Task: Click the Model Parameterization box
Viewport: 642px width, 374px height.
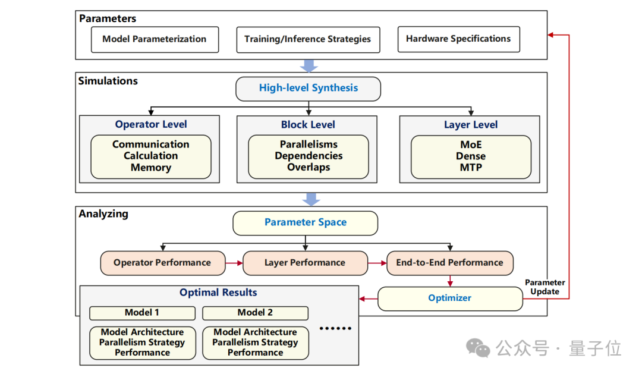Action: tap(155, 39)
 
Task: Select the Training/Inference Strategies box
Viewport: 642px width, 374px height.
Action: tap(307, 39)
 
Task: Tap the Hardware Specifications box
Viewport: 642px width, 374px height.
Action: tap(458, 39)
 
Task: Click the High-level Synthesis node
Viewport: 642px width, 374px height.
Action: tap(308, 89)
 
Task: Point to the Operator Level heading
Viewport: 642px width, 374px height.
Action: tap(151, 124)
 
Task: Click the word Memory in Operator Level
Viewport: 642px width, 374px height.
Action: tap(151, 168)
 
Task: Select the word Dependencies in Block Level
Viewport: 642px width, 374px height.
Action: tap(308, 156)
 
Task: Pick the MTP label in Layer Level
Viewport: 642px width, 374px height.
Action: tap(471, 168)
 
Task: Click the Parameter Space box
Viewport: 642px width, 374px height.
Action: tap(306, 222)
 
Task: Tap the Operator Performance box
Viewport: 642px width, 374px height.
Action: tap(162, 263)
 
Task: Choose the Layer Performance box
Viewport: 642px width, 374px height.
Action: tap(305, 263)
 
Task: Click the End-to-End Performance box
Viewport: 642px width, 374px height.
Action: tap(450, 263)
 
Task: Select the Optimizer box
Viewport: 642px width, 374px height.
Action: tap(450, 298)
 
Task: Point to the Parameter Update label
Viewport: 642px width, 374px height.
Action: tap(545, 287)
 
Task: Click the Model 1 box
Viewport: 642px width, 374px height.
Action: tap(142, 313)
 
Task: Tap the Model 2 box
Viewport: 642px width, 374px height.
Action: tap(255, 313)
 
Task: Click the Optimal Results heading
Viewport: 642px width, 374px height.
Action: tap(218, 293)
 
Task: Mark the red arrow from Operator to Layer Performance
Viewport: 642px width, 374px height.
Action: tap(234, 263)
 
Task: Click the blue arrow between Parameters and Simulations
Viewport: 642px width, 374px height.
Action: tap(309, 65)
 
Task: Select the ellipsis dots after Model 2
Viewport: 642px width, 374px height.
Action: tap(335, 328)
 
